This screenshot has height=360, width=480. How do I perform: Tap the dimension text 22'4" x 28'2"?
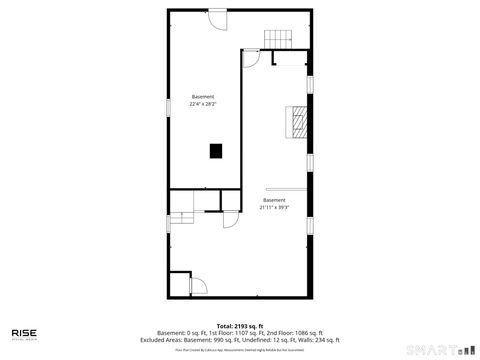click(203, 103)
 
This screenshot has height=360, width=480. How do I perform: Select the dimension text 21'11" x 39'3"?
click(274, 207)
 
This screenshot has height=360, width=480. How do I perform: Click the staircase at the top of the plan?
click(279, 39)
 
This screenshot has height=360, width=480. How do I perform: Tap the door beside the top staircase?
click(251, 58)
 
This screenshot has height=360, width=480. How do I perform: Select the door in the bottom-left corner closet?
click(196, 286)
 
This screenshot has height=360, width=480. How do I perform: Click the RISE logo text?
click(24, 333)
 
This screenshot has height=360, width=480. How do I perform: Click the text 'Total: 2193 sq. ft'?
click(240, 326)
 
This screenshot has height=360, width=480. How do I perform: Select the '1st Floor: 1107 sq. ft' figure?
click(238, 333)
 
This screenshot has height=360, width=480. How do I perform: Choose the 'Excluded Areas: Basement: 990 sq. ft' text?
click(199, 340)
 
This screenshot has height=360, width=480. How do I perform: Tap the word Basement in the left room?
click(203, 96)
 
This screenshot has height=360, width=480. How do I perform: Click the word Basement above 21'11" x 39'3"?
click(274, 200)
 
